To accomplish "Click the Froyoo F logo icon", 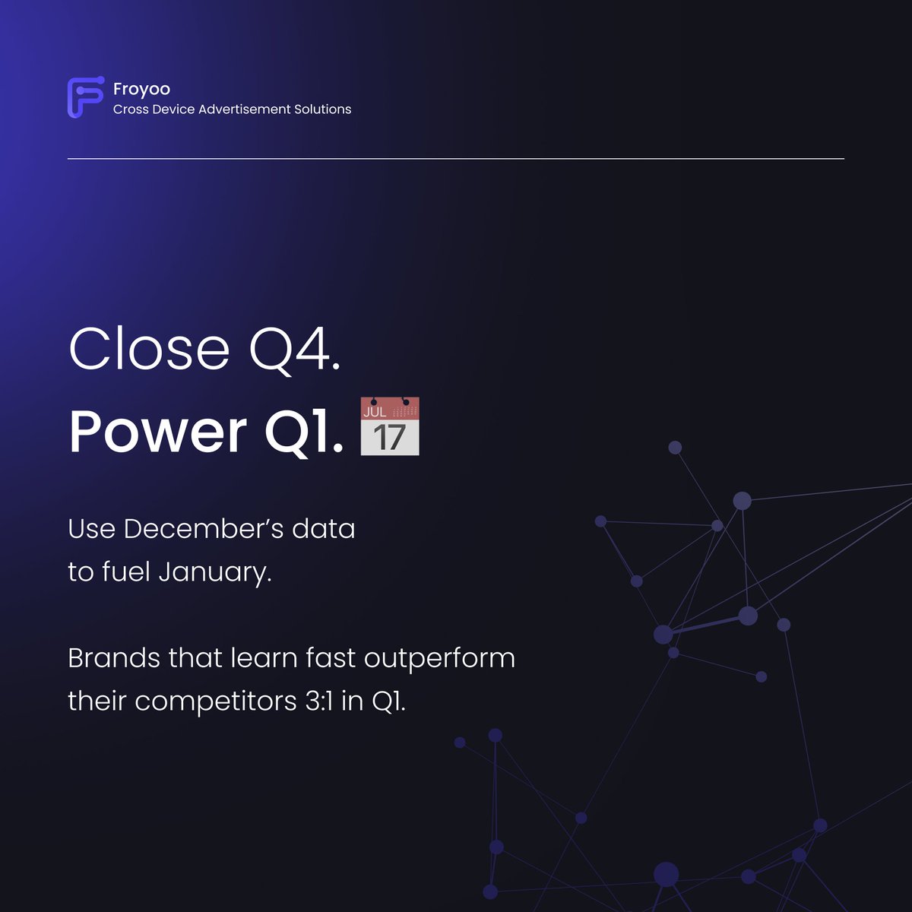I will point(84,98).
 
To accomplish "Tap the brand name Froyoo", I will point(141,89).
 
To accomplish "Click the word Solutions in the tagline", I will point(323,109).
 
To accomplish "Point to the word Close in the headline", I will point(149,349).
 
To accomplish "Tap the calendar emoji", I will point(389,426).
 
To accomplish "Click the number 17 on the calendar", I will point(389,437).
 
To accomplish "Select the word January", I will point(214,572).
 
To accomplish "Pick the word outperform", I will point(439,658).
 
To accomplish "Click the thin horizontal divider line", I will point(456,159).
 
